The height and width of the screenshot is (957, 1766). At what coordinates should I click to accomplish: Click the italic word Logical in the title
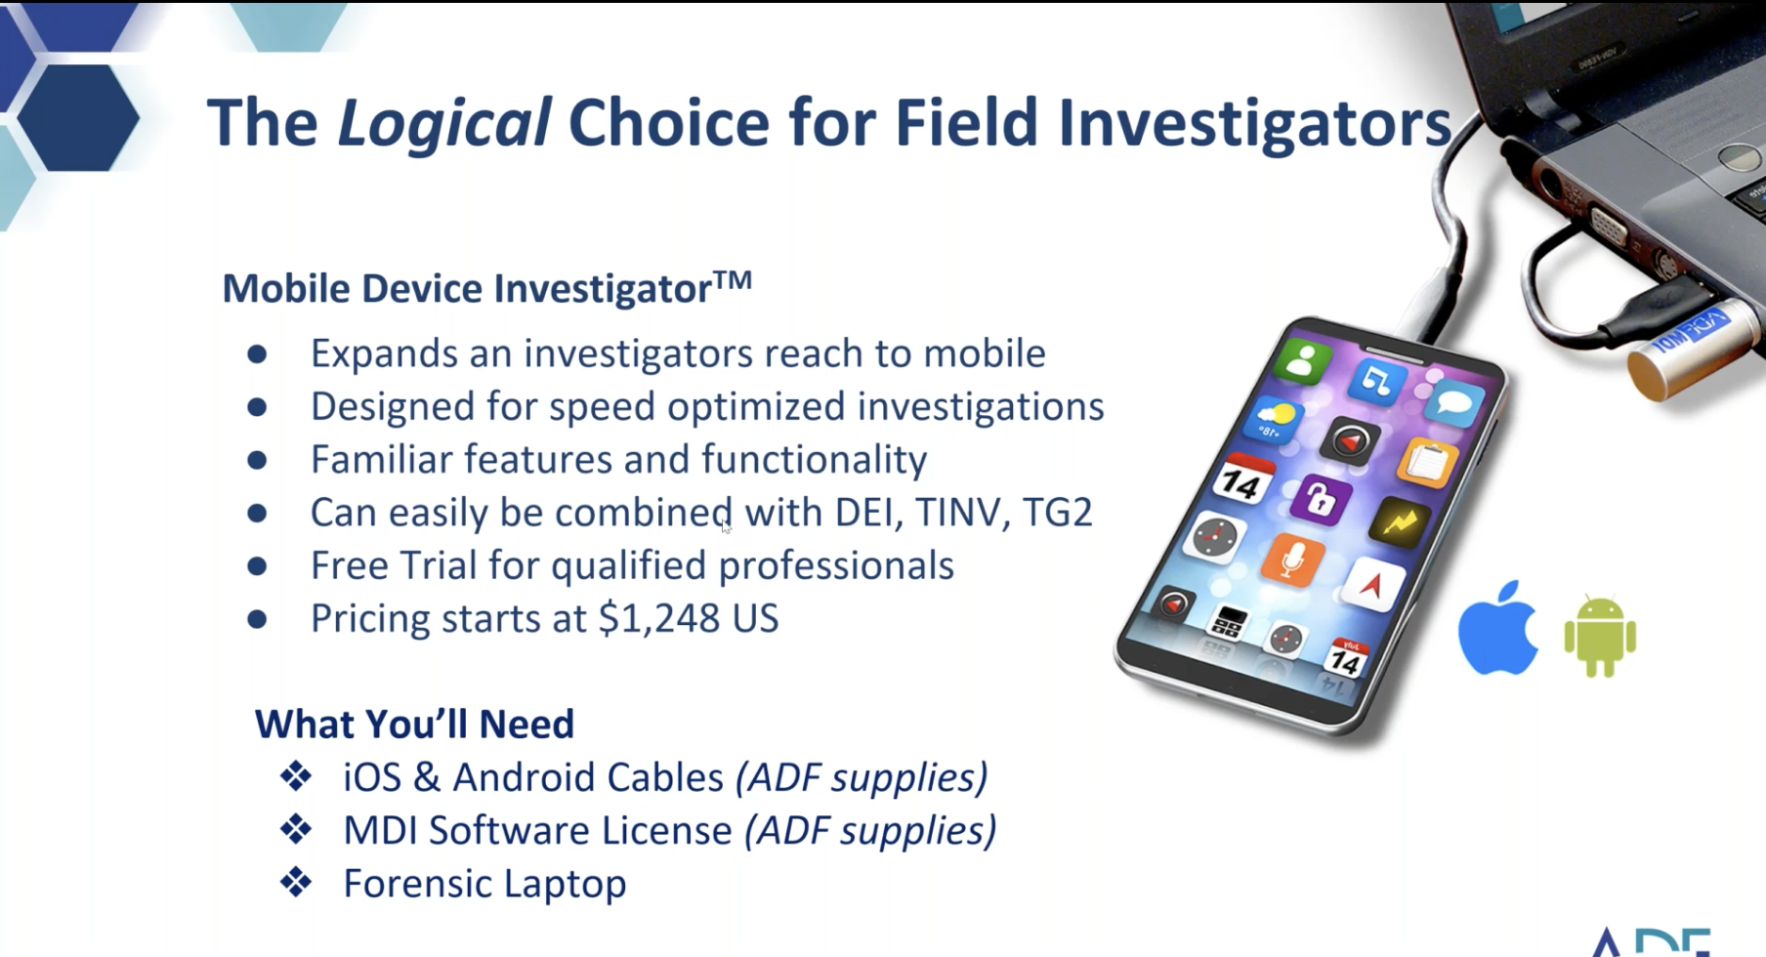coord(443,124)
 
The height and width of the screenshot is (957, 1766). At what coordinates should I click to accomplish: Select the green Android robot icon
coord(1600,636)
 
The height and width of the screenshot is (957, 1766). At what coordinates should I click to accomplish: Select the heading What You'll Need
coord(414,724)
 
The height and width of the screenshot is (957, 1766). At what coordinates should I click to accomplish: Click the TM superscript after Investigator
coord(733,279)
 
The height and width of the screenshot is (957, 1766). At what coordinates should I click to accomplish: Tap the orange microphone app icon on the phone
coord(1290,561)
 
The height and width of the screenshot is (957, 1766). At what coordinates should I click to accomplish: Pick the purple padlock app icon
coord(1320,500)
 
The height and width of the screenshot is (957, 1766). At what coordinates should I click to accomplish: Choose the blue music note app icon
coord(1376,379)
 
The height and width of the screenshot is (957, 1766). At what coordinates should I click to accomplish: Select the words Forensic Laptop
coord(484,884)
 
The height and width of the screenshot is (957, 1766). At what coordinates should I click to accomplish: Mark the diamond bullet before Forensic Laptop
coord(296,883)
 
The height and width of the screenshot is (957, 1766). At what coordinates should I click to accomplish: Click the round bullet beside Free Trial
coord(257,565)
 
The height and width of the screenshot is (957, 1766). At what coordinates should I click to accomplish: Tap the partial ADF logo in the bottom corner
coord(1651,941)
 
